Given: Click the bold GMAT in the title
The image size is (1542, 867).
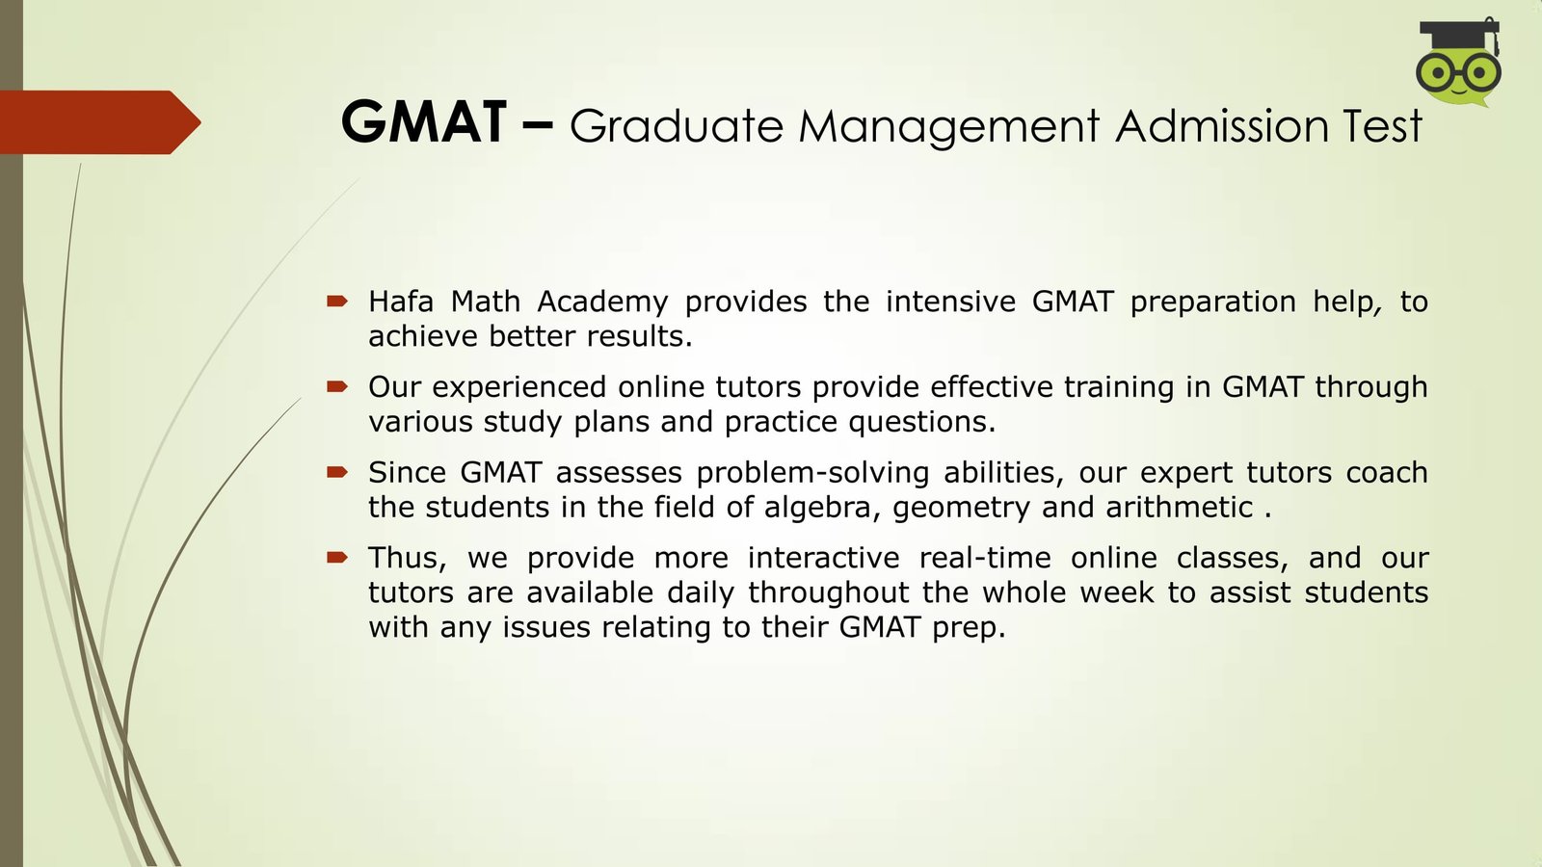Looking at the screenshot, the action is pos(424,121).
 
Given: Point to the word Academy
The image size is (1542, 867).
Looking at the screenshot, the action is pos(602,302).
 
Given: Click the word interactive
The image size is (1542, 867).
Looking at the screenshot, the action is pos(823,558).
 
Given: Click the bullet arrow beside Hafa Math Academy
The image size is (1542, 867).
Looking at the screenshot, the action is pos(337,301).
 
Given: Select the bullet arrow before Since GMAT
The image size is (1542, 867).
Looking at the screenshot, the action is pos(337,472).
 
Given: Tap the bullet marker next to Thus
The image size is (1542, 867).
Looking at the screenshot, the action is pos(337,558).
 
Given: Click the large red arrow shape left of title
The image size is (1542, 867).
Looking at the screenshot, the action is pos(100,122).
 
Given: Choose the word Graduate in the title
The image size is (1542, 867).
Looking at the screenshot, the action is pos(677,126).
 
